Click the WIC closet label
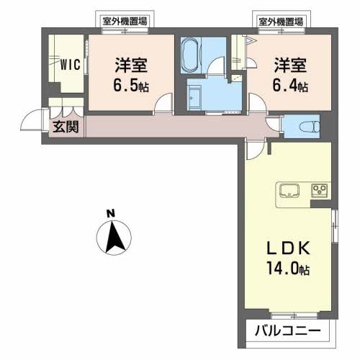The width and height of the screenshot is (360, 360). coord(70,63)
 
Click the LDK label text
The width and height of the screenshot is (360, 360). coord(289,249)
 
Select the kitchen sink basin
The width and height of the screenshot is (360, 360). coord(290,192)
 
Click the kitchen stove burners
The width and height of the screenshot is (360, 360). coord(318,191)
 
